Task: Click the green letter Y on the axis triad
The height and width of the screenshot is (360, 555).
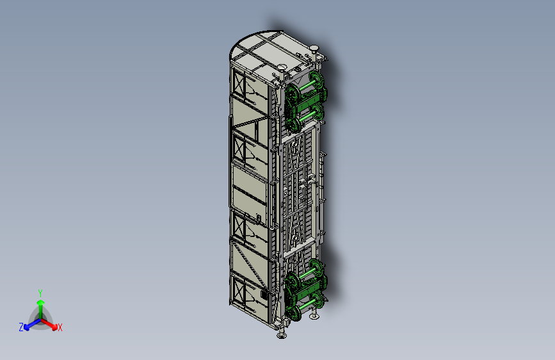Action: coord(40,293)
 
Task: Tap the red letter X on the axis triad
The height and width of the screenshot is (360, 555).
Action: coord(60,327)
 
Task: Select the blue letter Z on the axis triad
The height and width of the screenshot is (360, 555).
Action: coord(21,327)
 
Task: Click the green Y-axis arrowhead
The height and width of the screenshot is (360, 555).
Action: coord(41,302)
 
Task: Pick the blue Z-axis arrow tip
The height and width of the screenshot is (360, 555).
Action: coord(26,327)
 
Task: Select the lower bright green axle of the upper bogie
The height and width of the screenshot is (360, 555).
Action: coord(307,116)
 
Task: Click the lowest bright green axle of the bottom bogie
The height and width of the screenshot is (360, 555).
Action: coord(307,304)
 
